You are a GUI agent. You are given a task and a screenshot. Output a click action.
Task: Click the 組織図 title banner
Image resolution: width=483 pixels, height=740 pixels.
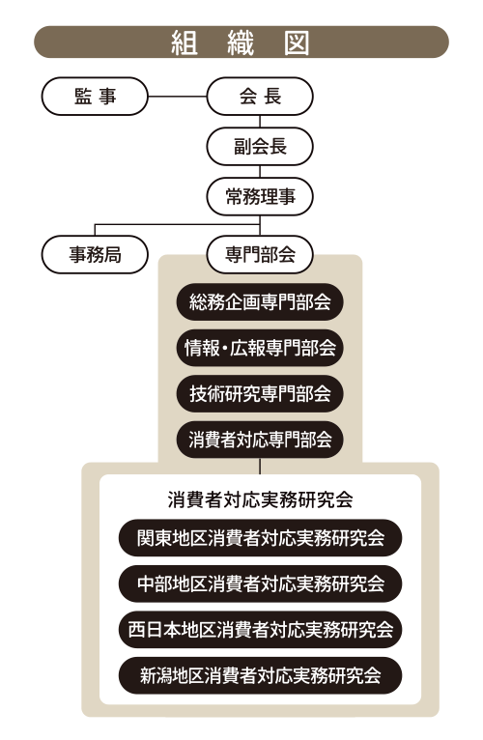click(241, 42)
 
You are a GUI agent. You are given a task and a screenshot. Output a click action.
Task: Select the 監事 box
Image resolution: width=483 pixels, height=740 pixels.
click(95, 97)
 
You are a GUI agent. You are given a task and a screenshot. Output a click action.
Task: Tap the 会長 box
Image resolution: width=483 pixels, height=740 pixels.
click(260, 97)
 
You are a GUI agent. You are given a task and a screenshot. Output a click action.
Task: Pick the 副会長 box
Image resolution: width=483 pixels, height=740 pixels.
click(260, 146)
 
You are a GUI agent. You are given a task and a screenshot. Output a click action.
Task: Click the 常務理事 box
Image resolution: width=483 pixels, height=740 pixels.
click(260, 196)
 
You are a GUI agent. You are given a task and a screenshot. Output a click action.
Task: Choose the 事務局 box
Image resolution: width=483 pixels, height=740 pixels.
click(95, 255)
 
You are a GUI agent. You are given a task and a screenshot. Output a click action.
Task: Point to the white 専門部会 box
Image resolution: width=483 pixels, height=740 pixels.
click(260, 255)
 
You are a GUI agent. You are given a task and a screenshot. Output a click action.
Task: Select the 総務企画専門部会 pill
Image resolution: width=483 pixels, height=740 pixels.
click(260, 302)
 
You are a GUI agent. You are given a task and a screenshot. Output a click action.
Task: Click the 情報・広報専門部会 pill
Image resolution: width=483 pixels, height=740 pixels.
click(260, 349)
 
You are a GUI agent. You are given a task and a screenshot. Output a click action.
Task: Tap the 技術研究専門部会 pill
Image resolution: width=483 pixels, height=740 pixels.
click(260, 394)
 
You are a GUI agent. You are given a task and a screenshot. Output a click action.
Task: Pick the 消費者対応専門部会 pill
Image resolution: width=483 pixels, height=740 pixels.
click(260, 440)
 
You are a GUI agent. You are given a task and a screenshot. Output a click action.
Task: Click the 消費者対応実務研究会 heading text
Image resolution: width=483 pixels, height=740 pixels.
click(260, 499)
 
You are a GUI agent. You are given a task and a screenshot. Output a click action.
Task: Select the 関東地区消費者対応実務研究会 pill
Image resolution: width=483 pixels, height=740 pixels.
click(260, 538)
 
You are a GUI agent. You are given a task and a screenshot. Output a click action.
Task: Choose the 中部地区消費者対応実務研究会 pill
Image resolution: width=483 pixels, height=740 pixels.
click(260, 583)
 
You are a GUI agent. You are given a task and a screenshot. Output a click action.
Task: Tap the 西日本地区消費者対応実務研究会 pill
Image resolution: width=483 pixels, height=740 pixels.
click(260, 630)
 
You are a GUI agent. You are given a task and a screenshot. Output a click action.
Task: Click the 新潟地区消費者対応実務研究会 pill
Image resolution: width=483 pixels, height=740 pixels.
click(260, 675)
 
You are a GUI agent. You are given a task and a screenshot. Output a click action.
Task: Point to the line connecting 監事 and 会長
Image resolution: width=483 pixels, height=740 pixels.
click(178, 97)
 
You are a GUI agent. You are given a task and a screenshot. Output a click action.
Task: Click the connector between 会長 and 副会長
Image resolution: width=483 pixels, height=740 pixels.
click(260, 122)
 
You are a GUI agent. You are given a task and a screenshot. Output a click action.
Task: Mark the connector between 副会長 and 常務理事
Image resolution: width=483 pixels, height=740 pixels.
click(260, 171)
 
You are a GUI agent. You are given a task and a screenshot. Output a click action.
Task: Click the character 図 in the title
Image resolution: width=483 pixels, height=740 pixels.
click(297, 43)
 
